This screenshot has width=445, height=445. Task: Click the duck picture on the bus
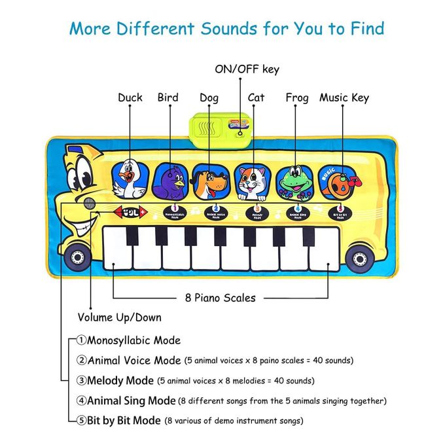[x=130, y=179]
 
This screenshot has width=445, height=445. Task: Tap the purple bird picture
[x=171, y=180]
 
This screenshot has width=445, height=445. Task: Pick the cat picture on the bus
[x=251, y=181]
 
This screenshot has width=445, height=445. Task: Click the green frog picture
[x=293, y=181]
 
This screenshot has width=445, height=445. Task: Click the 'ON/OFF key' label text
[x=247, y=69]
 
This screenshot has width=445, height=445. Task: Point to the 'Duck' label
[x=130, y=98]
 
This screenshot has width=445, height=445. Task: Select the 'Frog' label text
[x=297, y=98]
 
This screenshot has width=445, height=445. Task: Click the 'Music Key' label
[x=344, y=98]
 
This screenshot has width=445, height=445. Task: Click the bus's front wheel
[x=78, y=258]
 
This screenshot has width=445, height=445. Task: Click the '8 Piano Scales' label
[x=220, y=298]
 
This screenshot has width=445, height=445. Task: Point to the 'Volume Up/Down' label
[x=120, y=318]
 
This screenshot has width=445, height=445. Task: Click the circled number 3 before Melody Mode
[x=81, y=380]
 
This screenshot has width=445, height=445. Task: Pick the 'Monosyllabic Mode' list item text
[x=133, y=340]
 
